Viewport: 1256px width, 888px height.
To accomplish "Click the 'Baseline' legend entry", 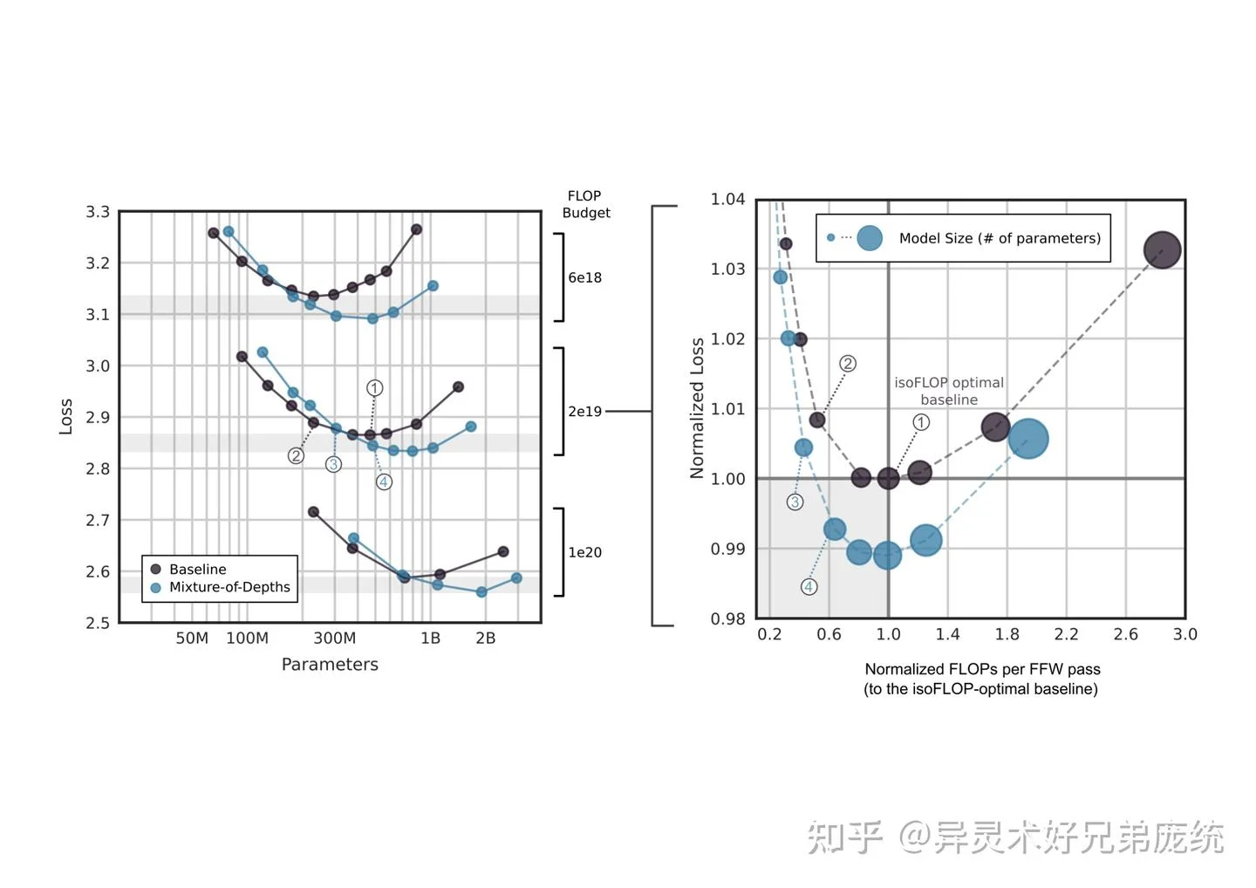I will pyautogui.click(x=197, y=569).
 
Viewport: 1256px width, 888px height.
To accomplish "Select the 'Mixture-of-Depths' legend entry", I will pyautogui.click(x=229, y=587).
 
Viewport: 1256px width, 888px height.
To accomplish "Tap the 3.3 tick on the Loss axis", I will pyautogui.click(x=98, y=212).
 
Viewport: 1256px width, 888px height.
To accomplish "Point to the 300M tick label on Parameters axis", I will pyautogui.click(x=334, y=638).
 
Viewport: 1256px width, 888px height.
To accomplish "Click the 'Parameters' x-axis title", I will pyautogui.click(x=330, y=665).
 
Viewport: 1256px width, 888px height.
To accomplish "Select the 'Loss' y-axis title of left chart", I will pyautogui.click(x=66, y=416).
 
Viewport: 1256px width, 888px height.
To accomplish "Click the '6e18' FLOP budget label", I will pyautogui.click(x=584, y=277).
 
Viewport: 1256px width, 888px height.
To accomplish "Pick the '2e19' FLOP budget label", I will pyautogui.click(x=584, y=411).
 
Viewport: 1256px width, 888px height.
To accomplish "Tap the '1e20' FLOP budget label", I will pyautogui.click(x=584, y=552).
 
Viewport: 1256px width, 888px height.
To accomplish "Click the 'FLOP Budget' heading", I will pyautogui.click(x=585, y=204).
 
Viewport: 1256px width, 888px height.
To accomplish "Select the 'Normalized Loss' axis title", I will pyautogui.click(x=697, y=408).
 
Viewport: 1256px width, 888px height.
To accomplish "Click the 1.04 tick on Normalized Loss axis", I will pyautogui.click(x=727, y=200).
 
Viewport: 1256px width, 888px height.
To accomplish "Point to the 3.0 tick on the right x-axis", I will pyautogui.click(x=1184, y=634).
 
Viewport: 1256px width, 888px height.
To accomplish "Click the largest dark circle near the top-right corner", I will pyautogui.click(x=1162, y=250).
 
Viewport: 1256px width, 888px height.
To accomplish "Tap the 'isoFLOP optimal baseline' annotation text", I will pyautogui.click(x=949, y=391).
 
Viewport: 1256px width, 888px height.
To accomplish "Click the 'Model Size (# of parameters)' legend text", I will pyautogui.click(x=1000, y=238).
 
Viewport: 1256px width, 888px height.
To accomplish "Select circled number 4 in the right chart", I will pyautogui.click(x=809, y=587).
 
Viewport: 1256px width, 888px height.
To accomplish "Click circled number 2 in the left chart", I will pyautogui.click(x=297, y=455).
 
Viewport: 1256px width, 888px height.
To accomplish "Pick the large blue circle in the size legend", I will pyautogui.click(x=870, y=238).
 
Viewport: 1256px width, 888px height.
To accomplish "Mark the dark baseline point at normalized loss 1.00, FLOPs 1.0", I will pyautogui.click(x=888, y=478).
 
